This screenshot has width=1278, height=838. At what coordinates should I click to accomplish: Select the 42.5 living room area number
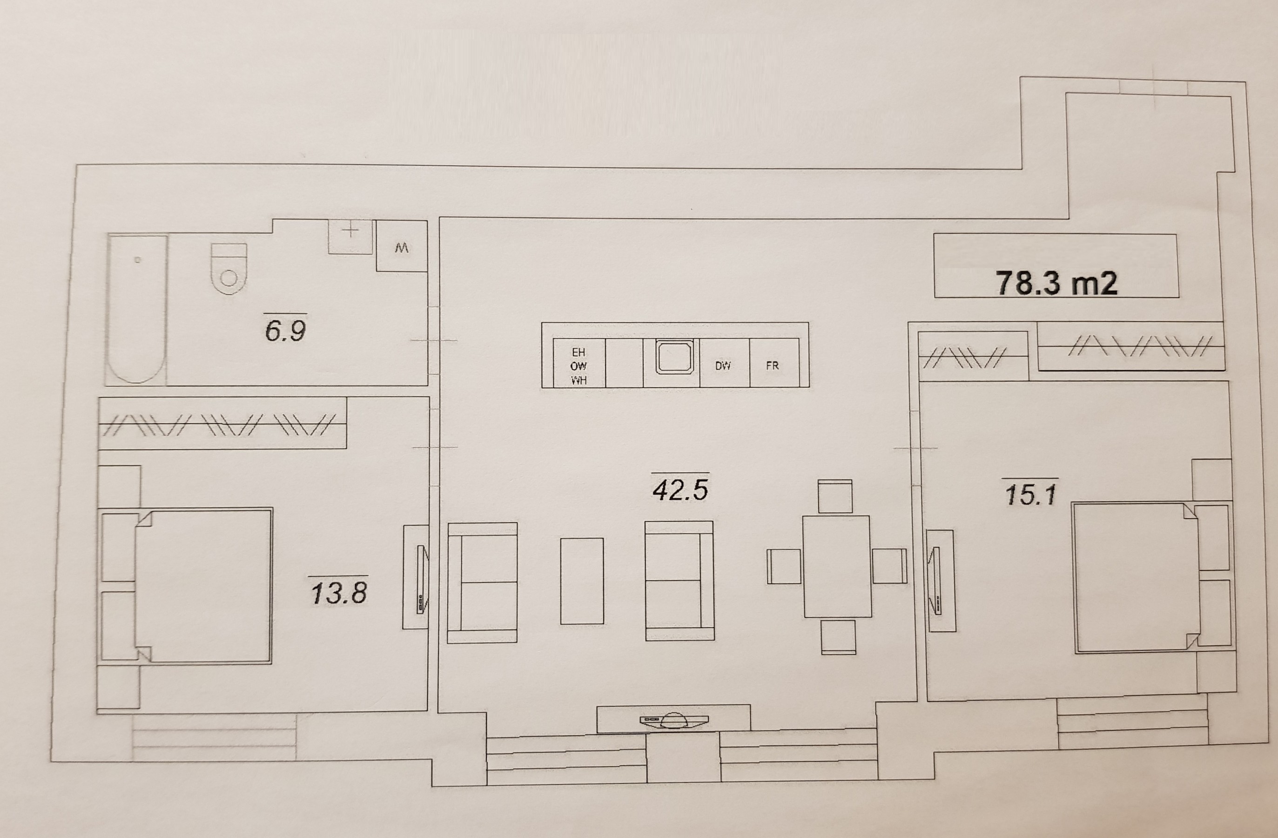(680, 489)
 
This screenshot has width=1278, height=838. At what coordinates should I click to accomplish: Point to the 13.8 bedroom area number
(339, 593)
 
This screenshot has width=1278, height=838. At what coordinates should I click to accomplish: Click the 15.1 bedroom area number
(1030, 494)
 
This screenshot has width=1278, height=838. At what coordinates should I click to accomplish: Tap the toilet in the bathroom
(229, 269)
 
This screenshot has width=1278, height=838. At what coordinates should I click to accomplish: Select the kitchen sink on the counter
(674, 356)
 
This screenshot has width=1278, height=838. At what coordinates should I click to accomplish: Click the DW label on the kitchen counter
(723, 366)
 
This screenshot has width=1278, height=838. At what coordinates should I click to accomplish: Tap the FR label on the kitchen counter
(772, 366)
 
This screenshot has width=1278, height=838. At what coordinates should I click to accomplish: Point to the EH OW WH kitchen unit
(579, 363)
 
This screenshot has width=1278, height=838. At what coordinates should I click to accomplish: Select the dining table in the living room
(837, 566)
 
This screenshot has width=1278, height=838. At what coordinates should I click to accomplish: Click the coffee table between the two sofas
(582, 581)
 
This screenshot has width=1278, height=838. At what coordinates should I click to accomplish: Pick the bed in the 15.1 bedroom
(1135, 577)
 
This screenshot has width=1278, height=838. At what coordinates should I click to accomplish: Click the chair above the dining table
(835, 496)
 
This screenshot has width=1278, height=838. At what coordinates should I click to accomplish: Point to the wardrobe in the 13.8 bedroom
(222, 423)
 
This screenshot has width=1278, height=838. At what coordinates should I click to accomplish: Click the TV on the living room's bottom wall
(674, 720)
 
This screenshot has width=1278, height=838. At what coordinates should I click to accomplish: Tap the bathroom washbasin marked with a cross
(350, 237)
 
